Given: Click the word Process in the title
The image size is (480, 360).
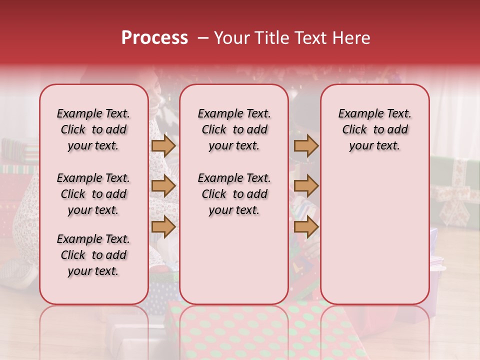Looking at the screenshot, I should point(154,38).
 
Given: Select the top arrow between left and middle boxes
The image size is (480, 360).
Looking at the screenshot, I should point(163,145).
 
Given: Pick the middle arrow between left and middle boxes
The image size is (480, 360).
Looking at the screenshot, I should point(163,186).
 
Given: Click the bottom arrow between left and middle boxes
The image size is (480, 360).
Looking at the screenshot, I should point(163,226).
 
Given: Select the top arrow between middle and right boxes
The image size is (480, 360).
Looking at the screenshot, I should point(306,145).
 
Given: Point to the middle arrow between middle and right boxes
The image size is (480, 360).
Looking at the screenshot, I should point(306,186).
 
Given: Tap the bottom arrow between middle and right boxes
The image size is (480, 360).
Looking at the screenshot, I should point(306,226).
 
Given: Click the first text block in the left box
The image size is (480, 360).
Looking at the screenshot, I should point(93,129).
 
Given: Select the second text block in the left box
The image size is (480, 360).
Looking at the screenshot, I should point(93,194).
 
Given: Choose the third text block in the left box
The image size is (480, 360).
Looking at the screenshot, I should point(93,255).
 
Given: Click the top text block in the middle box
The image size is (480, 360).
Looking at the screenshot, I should point(234,129).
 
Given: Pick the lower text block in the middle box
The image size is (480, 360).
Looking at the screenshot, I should point(234,194).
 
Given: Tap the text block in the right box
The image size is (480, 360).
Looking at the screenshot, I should point(375,129).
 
